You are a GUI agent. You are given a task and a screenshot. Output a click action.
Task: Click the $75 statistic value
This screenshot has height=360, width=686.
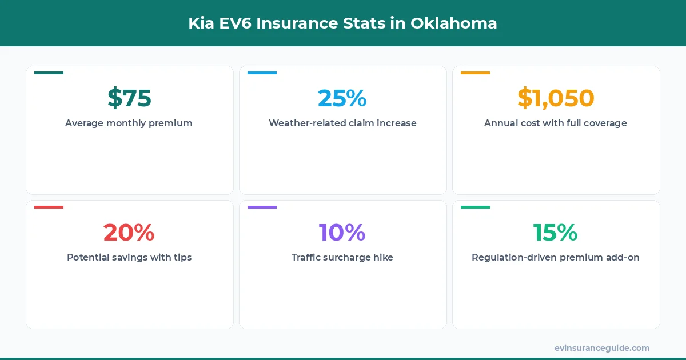[129, 98]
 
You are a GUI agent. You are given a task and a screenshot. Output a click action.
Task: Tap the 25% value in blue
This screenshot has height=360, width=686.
[342, 98]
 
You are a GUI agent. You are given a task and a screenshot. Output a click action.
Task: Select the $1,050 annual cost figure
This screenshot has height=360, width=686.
[556, 98]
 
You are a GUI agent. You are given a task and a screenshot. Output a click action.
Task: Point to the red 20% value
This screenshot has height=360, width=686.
[129, 233]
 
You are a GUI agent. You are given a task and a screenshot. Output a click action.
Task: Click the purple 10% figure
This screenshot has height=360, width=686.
[342, 233]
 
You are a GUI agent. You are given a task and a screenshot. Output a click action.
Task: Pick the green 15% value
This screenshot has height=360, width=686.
[556, 233]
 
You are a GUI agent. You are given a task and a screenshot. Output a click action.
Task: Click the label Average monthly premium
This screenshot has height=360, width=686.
[129, 123]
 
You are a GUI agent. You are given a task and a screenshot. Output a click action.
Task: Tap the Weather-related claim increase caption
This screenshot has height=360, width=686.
[342, 123]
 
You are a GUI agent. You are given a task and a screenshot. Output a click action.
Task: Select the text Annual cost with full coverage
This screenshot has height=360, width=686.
[556, 123]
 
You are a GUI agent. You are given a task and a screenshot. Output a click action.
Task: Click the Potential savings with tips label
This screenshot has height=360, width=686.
[129, 257]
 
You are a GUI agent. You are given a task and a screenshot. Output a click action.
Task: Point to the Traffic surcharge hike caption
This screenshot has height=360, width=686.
[342, 257]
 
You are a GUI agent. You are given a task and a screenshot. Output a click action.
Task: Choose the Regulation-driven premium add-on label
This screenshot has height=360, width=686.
[556, 257]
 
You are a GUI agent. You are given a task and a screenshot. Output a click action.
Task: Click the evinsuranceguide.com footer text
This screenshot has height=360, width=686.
[602, 348]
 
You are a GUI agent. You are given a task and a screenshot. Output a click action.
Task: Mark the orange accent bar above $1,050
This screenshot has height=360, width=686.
[475, 73]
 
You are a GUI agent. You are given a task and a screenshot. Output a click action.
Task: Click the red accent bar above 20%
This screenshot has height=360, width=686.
[49, 207]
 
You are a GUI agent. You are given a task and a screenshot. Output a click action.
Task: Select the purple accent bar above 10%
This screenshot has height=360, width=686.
[262, 207]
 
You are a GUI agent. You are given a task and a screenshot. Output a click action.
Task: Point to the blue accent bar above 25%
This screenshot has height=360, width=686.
[262, 73]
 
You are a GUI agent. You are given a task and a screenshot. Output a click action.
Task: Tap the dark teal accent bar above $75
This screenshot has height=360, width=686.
[49, 73]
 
